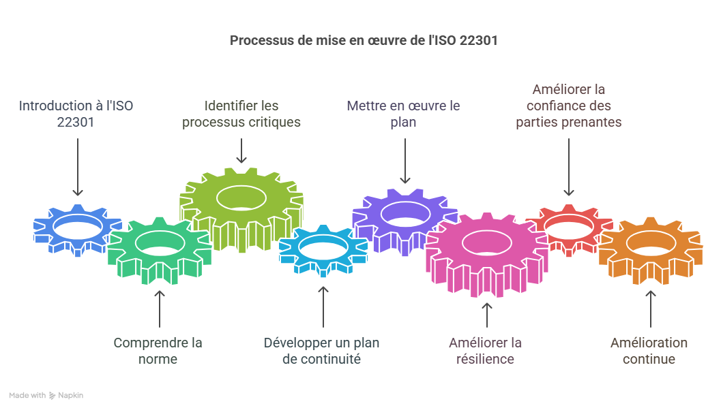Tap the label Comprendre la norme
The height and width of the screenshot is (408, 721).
[158, 351]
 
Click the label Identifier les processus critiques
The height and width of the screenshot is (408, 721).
[241, 114]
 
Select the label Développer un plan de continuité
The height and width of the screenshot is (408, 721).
[321, 351]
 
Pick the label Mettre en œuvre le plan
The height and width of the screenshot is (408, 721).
[404, 114]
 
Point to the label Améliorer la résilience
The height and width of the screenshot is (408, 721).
[485, 351]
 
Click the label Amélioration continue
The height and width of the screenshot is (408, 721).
[649, 351]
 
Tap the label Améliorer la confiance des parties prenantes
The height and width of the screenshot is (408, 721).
[568, 106]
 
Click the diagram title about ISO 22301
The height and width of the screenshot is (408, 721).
[364, 40]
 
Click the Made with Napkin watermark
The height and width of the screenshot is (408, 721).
[46, 395]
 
